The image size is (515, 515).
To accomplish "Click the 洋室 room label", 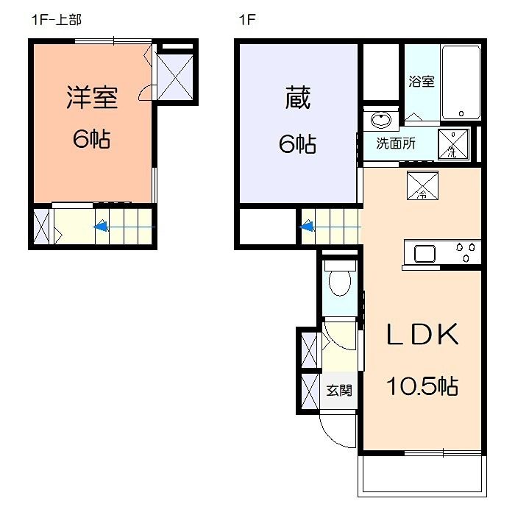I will tap(92, 99).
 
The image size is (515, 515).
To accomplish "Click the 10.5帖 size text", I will tap(423, 386).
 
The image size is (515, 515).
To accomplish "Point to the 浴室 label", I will tap(421, 82).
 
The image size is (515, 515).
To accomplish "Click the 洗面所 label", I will tap(395, 143).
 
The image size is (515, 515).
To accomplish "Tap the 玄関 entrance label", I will tap(339, 390).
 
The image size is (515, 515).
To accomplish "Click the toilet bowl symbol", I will tap(339, 282).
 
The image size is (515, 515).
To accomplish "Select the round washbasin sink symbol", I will tap(380, 120).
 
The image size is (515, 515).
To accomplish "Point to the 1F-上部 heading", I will tap(56, 21).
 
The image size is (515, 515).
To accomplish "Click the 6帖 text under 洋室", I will tap(92, 139).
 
